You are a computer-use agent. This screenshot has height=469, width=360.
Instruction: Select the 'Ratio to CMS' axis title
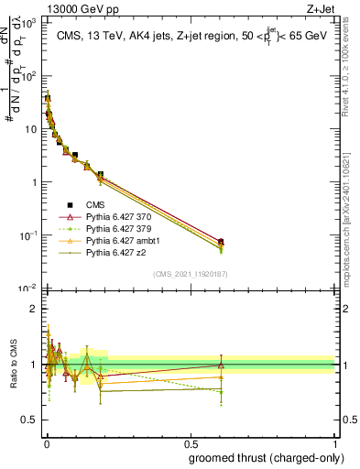coord(12,366)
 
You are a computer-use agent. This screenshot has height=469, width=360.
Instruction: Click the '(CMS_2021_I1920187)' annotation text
coord(190,273)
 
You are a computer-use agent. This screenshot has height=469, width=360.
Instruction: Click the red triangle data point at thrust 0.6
coord(220,241)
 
